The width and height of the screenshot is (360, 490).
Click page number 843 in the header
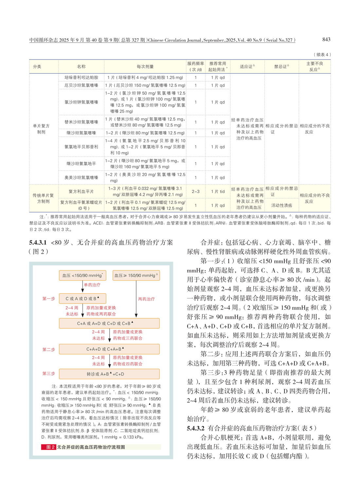pyautogui.click(x=326, y=40)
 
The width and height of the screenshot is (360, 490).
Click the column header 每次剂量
pyautogui.click(x=145, y=67)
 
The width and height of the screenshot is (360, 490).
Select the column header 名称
pyautogui.click(x=81, y=67)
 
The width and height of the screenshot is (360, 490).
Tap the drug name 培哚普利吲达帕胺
pyautogui.click(x=81, y=78)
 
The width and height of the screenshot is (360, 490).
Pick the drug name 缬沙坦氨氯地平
pyautogui.click(x=81, y=164)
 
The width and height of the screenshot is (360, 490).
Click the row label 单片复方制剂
pyautogui.click(x=41, y=129)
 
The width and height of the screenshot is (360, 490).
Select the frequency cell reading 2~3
pyautogui.click(x=195, y=192)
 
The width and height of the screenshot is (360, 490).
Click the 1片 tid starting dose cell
pyautogui.click(x=218, y=192)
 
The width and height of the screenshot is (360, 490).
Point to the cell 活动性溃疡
pyautogui.click(x=281, y=205)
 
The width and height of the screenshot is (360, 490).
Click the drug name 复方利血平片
pyautogui.click(x=81, y=192)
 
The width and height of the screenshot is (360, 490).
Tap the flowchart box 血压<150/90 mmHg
pyautogui.click(x=82, y=275)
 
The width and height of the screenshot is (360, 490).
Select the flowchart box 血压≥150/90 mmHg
pyautogui.click(x=136, y=275)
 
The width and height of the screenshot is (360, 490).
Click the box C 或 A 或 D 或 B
pyautogui.click(x=82, y=299)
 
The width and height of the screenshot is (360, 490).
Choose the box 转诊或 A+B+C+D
pyautogui.click(x=109, y=374)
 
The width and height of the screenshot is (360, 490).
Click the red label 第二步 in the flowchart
pyautogui.click(x=48, y=349)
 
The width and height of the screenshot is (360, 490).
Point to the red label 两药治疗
pyautogui.click(x=146, y=299)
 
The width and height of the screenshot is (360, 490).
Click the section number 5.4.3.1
pyautogui.click(x=38, y=243)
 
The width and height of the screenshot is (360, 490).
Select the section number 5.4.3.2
pyautogui.click(x=196, y=428)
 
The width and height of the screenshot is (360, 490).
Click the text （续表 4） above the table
pyautogui.click(x=322, y=55)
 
